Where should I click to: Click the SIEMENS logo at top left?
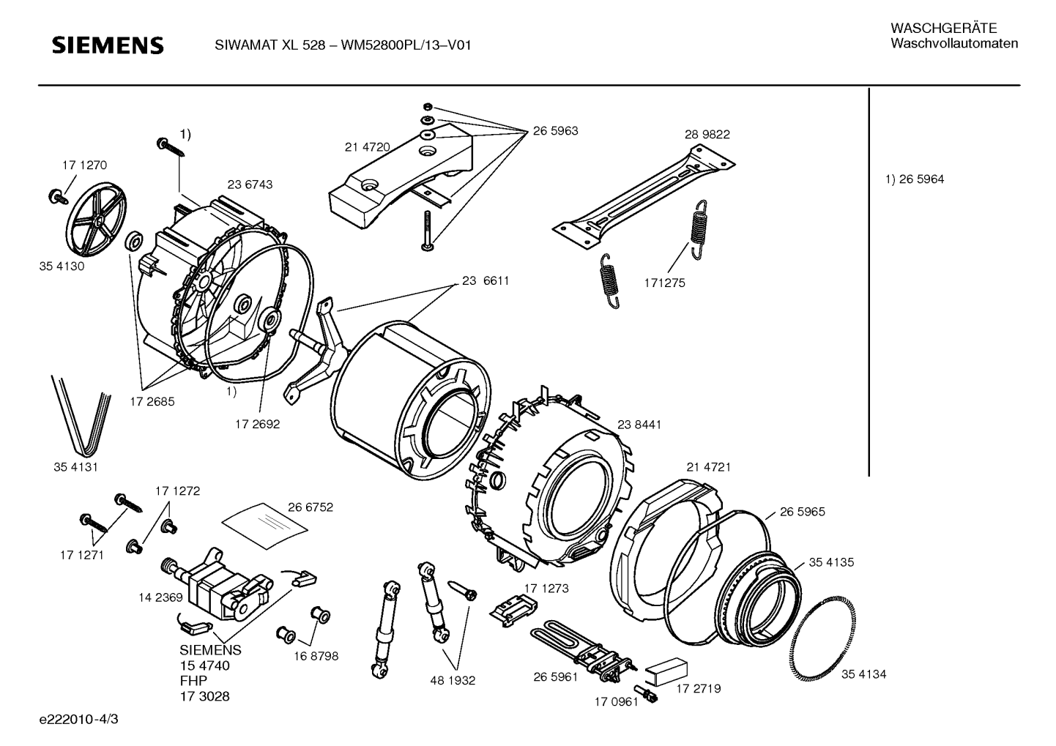pyautogui.click(x=108, y=45)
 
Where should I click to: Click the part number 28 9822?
pyautogui.click(x=707, y=134)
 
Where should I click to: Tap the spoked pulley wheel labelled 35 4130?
pyautogui.click(x=96, y=220)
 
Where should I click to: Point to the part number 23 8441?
pyautogui.click(x=639, y=425)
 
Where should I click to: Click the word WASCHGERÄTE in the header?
pyautogui.click(x=943, y=29)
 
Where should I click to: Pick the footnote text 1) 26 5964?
pyautogui.click(x=914, y=179)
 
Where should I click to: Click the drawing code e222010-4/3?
pyautogui.click(x=79, y=719)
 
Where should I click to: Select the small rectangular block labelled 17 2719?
pyautogui.click(x=666, y=671)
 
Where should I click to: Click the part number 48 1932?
pyautogui.click(x=453, y=681)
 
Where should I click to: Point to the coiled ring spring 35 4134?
pyautogui.click(x=822, y=638)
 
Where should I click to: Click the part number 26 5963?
pyautogui.click(x=555, y=131)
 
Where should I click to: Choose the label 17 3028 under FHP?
pyautogui.click(x=204, y=696)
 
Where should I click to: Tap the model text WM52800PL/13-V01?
pyautogui.click(x=406, y=45)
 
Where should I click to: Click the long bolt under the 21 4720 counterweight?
pyautogui.click(x=428, y=231)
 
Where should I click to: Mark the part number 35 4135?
pyautogui.click(x=831, y=562)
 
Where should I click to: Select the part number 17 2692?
pyautogui.click(x=257, y=424)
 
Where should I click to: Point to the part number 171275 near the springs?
pyautogui.click(x=665, y=283)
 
